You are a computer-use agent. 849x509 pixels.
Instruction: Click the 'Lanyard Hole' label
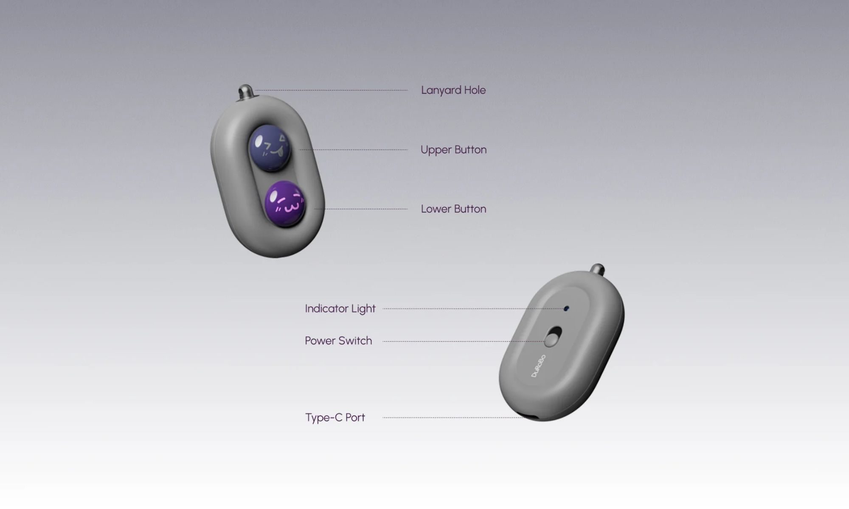click(x=453, y=90)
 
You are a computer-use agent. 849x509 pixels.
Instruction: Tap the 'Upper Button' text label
click(x=453, y=150)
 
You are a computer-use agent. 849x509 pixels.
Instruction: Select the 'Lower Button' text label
click(x=453, y=209)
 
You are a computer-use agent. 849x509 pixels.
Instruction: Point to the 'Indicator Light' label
click(x=340, y=309)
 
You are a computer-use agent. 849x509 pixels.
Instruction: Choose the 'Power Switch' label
click(x=338, y=341)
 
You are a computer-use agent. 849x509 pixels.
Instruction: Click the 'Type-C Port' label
click(x=335, y=418)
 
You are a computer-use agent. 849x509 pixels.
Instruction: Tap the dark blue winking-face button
click(x=269, y=148)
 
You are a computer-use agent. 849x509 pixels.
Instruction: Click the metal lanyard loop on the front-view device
click(x=245, y=92)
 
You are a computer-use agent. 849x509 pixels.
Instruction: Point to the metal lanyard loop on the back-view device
click(x=598, y=269)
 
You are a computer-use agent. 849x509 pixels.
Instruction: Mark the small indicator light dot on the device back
click(x=566, y=308)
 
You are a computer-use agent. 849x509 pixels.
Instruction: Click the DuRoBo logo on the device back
click(x=538, y=366)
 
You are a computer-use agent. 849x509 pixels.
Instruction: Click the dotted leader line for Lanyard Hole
click(x=331, y=90)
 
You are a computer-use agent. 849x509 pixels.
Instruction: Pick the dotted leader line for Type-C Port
click(x=453, y=418)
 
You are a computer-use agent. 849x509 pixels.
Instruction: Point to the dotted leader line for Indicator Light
click(x=473, y=309)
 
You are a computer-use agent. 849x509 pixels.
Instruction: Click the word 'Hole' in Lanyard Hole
click(x=475, y=90)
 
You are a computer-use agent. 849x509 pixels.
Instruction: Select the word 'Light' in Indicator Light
click(x=363, y=309)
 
